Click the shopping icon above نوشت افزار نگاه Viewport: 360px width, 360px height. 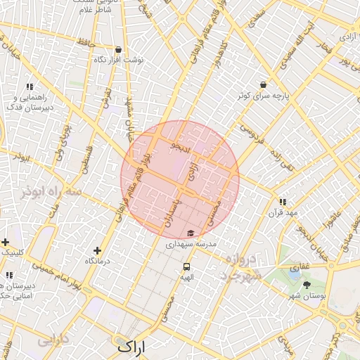pyautogui.click(x=117, y=50)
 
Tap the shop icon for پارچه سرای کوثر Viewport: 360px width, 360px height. pyautogui.click(x=263, y=84)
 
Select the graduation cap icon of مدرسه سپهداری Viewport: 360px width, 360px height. pyautogui.click(x=191, y=233)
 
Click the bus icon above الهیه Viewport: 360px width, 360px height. pyautogui.click(x=186, y=266)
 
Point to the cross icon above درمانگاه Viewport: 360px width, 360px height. pyautogui.click(x=97, y=250)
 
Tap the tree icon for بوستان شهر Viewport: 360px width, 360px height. pyautogui.click(x=307, y=285)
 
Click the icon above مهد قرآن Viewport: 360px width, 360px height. pyautogui.click(x=283, y=201)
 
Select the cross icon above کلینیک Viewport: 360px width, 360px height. pyautogui.click(x=5, y=241)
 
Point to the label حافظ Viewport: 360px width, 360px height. pyautogui.click(x=86, y=44)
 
